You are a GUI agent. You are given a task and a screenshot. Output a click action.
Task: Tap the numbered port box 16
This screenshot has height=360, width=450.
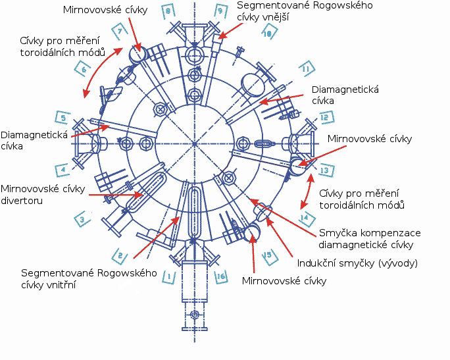(220, 277)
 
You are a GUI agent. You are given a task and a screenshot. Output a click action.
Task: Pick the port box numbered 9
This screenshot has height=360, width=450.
(220, 11)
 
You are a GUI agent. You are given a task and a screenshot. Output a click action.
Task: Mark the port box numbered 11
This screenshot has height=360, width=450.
(305, 68)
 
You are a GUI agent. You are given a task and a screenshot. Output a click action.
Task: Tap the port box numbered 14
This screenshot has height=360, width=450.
(304, 218)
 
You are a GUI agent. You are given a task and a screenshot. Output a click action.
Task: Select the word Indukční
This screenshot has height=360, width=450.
(318, 264)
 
